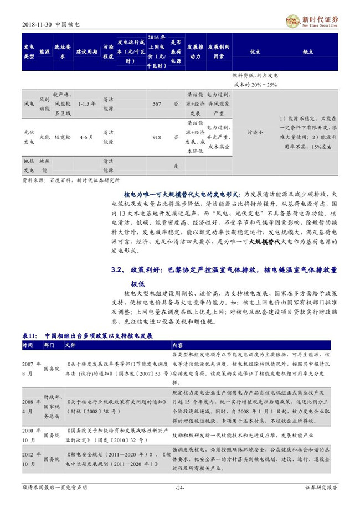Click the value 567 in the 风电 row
(x=157, y=103)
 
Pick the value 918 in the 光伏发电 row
(x=157, y=137)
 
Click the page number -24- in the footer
(x=179, y=488)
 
